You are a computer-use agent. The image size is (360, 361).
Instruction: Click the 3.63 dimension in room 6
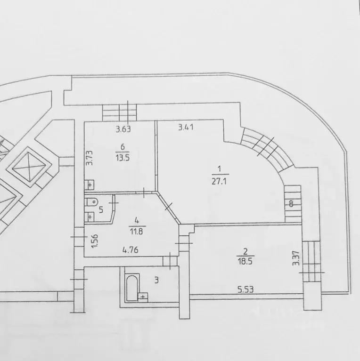(123, 129)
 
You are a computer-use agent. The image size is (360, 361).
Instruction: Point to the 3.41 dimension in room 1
(186, 127)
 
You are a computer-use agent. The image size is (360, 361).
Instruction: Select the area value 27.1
(219, 181)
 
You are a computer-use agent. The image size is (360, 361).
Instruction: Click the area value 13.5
(123, 158)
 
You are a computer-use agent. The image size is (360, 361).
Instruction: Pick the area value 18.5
(245, 262)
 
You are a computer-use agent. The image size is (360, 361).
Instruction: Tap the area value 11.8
(137, 231)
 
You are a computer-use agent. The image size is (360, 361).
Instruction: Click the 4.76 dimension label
(130, 249)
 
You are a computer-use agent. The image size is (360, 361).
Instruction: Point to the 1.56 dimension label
(95, 241)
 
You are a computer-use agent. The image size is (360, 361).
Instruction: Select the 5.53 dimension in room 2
(245, 289)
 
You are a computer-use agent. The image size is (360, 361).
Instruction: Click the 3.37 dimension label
(296, 258)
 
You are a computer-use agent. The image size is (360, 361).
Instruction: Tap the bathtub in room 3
(132, 287)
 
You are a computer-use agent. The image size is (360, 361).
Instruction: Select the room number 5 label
(101, 210)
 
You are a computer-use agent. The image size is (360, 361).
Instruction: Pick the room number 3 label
(156, 280)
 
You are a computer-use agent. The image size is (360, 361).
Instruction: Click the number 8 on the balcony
(291, 204)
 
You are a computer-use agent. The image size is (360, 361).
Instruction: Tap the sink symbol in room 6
(90, 185)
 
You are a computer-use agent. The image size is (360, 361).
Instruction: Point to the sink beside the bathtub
(143, 297)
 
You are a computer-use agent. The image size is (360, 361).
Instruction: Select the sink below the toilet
(90, 217)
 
